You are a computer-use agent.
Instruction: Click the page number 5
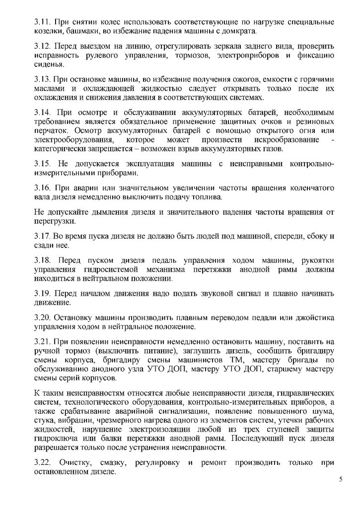click(x=341, y=479)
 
